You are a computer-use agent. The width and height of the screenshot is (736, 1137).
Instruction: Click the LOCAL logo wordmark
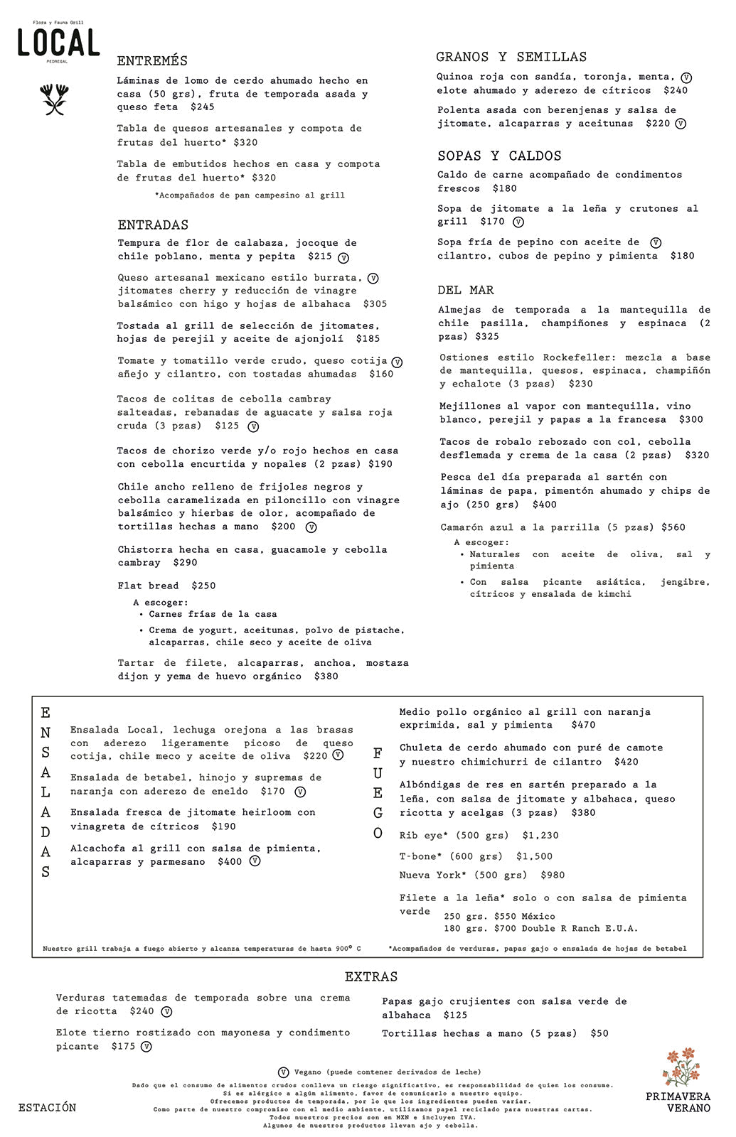click(58, 43)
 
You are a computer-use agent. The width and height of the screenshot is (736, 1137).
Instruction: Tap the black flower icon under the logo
click(54, 99)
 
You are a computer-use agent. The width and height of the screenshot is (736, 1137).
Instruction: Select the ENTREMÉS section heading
click(152, 61)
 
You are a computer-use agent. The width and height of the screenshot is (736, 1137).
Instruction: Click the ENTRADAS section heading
click(153, 225)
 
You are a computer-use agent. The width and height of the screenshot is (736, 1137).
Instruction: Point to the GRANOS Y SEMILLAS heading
click(511, 57)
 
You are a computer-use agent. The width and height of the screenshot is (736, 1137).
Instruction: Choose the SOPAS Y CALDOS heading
click(499, 156)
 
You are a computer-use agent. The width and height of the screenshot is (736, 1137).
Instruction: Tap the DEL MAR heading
click(466, 290)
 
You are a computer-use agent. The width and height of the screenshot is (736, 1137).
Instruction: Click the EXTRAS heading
click(371, 976)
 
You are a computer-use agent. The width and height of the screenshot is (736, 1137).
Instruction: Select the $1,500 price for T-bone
click(534, 856)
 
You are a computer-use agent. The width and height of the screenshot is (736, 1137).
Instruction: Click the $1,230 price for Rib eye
click(540, 836)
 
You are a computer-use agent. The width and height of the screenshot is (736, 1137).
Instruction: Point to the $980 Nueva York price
click(553, 875)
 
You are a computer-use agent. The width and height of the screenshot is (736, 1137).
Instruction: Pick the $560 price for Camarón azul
click(673, 527)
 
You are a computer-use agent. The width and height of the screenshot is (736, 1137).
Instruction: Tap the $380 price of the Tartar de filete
click(326, 677)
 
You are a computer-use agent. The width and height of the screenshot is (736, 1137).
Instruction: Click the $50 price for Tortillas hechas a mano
click(599, 1033)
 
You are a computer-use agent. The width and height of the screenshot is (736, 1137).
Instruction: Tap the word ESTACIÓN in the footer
click(47, 1107)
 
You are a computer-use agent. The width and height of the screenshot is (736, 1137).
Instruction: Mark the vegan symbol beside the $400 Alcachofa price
click(255, 861)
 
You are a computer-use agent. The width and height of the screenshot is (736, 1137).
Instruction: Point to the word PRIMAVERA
click(678, 1096)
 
